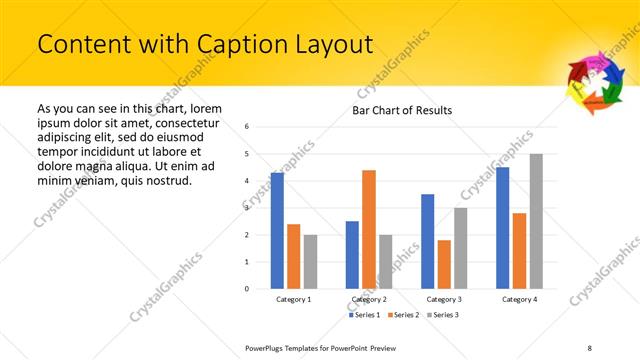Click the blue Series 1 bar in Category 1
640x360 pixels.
[277, 231]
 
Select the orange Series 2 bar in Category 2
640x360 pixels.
[369, 229]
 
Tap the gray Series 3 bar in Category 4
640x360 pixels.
[536, 221]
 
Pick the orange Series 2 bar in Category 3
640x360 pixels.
[444, 264]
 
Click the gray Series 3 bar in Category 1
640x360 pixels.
[310, 262]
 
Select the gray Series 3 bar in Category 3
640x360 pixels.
[461, 248]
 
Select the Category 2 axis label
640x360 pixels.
[369, 299]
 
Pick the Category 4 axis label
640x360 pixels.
[519, 299]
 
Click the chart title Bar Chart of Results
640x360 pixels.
[402, 110]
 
